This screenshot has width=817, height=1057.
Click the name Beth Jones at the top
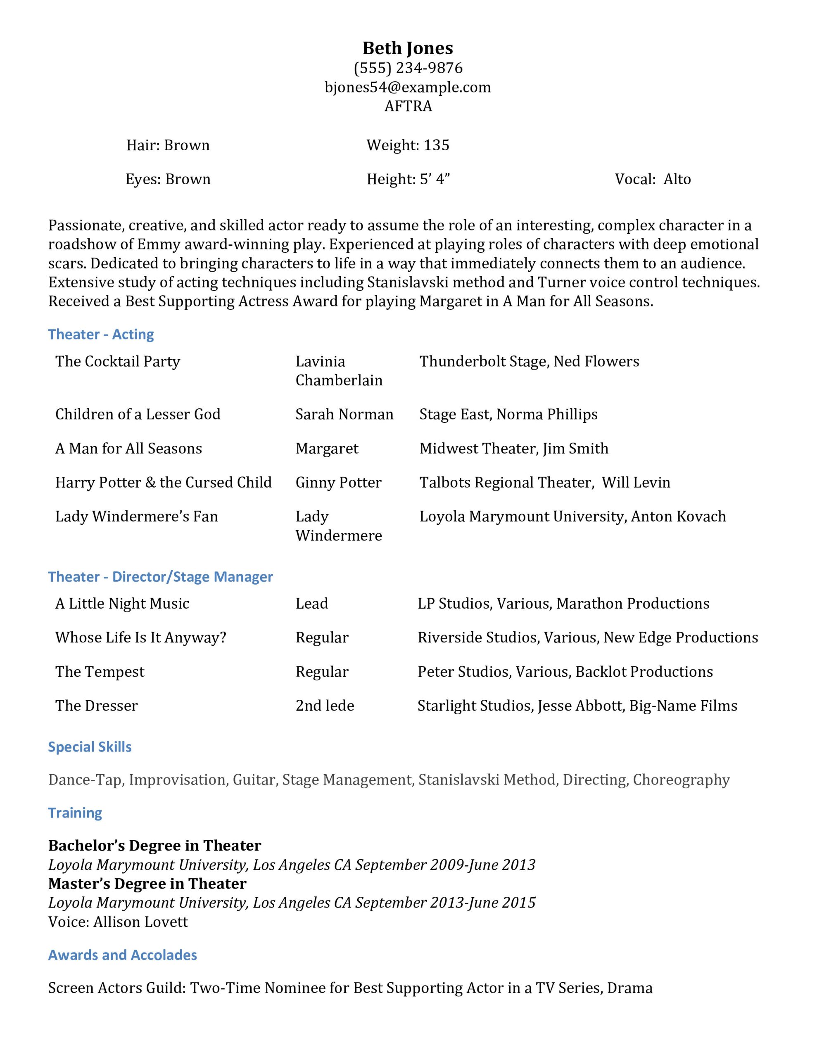click(x=408, y=48)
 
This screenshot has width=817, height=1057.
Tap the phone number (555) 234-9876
click(x=408, y=68)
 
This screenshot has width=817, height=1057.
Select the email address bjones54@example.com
click(x=408, y=87)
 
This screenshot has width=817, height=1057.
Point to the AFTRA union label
click(x=408, y=106)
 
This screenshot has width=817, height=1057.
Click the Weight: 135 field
click(x=408, y=145)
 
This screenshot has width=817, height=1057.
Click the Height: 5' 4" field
click(x=408, y=180)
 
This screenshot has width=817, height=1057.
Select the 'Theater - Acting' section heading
click(x=101, y=334)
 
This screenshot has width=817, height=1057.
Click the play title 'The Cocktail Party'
click(x=117, y=362)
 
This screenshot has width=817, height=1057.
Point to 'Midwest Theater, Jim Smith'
click(x=513, y=449)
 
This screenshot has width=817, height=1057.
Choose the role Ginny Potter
click(x=338, y=483)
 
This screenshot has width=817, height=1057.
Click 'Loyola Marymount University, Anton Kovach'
click(x=572, y=517)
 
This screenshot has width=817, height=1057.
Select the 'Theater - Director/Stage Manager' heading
click(x=160, y=577)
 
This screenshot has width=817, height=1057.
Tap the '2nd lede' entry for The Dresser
click(x=325, y=706)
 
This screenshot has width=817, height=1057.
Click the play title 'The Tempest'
click(x=100, y=672)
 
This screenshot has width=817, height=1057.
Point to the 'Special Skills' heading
click(x=90, y=747)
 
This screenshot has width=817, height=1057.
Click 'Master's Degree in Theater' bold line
click(x=147, y=884)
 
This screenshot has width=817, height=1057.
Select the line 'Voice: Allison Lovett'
click(x=118, y=922)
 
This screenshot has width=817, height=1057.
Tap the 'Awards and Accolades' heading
click(x=123, y=955)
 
